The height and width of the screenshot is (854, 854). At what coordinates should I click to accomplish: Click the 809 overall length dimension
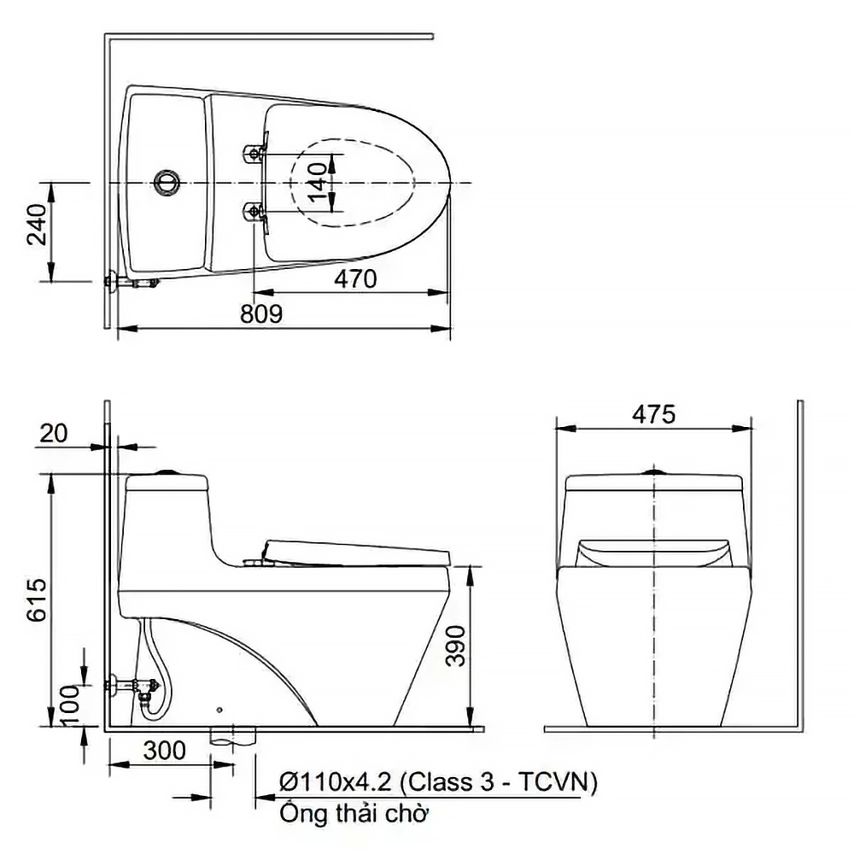261,314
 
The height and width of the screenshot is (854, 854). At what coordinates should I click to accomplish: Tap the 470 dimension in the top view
355,279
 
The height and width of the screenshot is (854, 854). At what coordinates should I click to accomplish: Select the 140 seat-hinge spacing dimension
317,183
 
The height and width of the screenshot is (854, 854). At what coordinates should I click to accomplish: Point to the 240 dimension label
38,225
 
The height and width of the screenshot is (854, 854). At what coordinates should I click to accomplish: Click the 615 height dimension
38,600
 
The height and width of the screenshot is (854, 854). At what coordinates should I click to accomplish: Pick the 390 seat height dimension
455,646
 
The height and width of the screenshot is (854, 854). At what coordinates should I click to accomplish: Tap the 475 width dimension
653,415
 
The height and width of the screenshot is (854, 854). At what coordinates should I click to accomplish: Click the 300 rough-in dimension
165,751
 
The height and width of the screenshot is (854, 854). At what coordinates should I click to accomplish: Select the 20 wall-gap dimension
53,434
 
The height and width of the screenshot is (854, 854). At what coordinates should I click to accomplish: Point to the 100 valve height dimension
69,705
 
